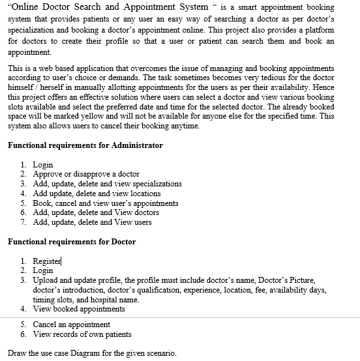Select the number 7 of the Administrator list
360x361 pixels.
23,222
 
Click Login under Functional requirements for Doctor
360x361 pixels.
43,270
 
